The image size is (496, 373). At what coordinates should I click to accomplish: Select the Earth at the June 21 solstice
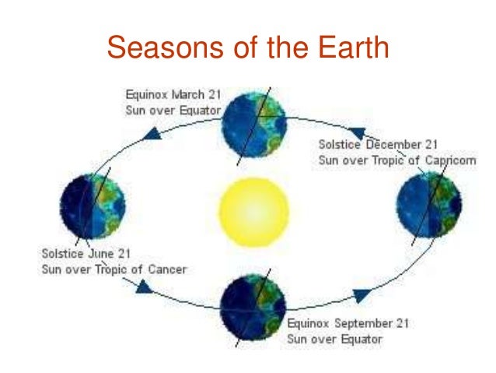pyautogui.click(x=92, y=207)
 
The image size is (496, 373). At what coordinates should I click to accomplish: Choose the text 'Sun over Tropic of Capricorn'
pyautogui.click(x=397, y=160)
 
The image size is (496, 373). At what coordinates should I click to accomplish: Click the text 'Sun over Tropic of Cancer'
pyautogui.click(x=114, y=269)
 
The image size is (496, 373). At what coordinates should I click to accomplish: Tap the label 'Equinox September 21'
pyautogui.click(x=348, y=323)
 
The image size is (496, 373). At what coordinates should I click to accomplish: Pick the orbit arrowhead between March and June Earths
pyautogui.click(x=152, y=134)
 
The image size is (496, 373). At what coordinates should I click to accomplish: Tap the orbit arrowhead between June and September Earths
pyautogui.click(x=144, y=287)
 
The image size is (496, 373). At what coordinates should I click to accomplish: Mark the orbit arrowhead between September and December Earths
pyautogui.click(x=362, y=295)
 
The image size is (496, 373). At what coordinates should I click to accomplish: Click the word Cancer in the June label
pyautogui.click(x=165, y=269)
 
